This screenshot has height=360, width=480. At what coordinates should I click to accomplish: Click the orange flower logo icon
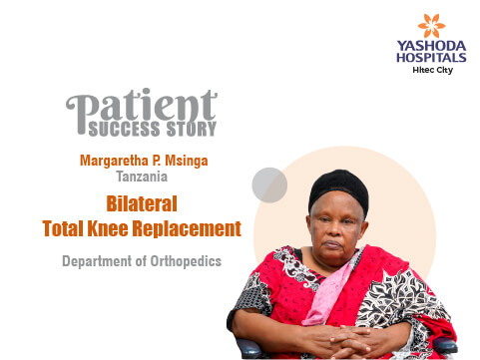tap(431, 26)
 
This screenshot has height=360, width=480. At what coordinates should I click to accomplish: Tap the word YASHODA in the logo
tap(431, 46)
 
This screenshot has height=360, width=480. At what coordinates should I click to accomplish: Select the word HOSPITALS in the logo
tap(431, 58)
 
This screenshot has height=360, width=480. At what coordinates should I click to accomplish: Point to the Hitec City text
tap(433, 70)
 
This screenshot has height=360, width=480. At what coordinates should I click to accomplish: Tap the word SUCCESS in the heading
tap(124, 129)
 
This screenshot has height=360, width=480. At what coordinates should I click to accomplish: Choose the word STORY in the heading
tap(192, 129)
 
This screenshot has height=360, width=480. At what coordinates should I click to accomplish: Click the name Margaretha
tap(114, 161)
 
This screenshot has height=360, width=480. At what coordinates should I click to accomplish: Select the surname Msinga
tap(187, 161)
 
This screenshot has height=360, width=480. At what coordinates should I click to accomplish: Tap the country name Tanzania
tap(142, 177)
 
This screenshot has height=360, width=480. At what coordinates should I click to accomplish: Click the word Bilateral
tap(142, 203)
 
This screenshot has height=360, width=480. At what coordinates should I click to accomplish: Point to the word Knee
tap(108, 228)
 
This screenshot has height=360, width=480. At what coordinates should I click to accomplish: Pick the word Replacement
tap(187, 228)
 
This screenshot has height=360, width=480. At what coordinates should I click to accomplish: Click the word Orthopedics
tap(186, 261)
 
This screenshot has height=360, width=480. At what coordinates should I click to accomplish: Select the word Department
tap(97, 261)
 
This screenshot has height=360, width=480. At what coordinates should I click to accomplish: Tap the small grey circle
tap(269, 185)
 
